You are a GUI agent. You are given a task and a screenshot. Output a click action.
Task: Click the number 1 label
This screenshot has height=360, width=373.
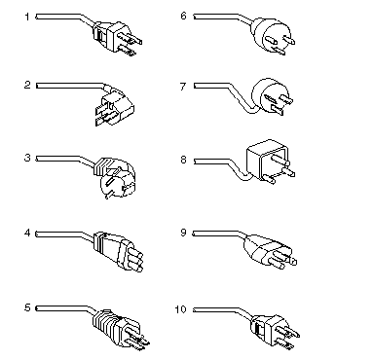point(27,17)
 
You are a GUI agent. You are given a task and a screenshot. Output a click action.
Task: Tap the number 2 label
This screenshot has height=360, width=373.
point(27,85)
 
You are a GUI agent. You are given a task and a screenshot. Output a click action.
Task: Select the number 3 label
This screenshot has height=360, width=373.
point(27,158)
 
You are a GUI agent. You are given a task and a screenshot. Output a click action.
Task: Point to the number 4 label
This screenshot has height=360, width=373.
point(27,234)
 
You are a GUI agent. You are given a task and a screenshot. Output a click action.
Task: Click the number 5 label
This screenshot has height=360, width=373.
point(27,307)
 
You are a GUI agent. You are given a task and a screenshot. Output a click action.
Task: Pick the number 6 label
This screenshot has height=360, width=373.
point(184,16)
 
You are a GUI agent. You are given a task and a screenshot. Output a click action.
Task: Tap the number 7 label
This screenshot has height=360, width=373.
point(183,87)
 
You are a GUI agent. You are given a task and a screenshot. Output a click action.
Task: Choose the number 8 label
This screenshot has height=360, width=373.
point(183,160)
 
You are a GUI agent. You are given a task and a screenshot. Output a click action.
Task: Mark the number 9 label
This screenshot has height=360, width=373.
point(183,233)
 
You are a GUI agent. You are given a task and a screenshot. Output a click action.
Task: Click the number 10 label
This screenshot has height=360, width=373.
point(181,309)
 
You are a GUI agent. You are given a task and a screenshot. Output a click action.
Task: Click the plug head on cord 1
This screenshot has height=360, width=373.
point(118,37)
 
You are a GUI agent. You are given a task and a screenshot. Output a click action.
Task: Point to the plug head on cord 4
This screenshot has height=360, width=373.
point(118,252)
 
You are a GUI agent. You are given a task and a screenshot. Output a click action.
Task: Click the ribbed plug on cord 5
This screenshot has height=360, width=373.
point(120,329)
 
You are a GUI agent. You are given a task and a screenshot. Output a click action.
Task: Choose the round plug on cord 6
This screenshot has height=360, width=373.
point(272,35)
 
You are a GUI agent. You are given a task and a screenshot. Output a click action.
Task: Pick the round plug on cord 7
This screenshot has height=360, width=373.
point(270,95)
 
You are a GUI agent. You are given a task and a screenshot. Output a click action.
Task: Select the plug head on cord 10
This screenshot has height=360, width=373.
point(275,332)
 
